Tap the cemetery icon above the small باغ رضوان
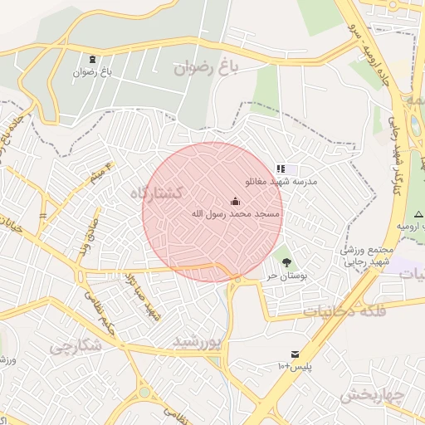tap(91, 60)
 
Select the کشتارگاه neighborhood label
tap(157, 193)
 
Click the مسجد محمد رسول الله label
tap(235, 214)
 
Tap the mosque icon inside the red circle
tap(235, 202)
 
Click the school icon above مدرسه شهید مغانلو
tap(281, 169)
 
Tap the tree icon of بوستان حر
tap(286, 262)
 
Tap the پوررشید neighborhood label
tap(199, 341)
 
